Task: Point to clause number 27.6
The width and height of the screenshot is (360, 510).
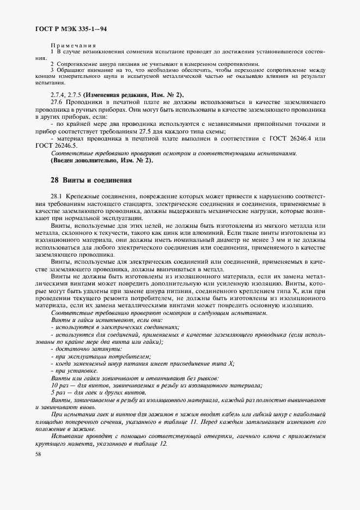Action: click(57, 102)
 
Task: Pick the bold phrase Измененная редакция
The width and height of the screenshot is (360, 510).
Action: click(111, 94)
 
